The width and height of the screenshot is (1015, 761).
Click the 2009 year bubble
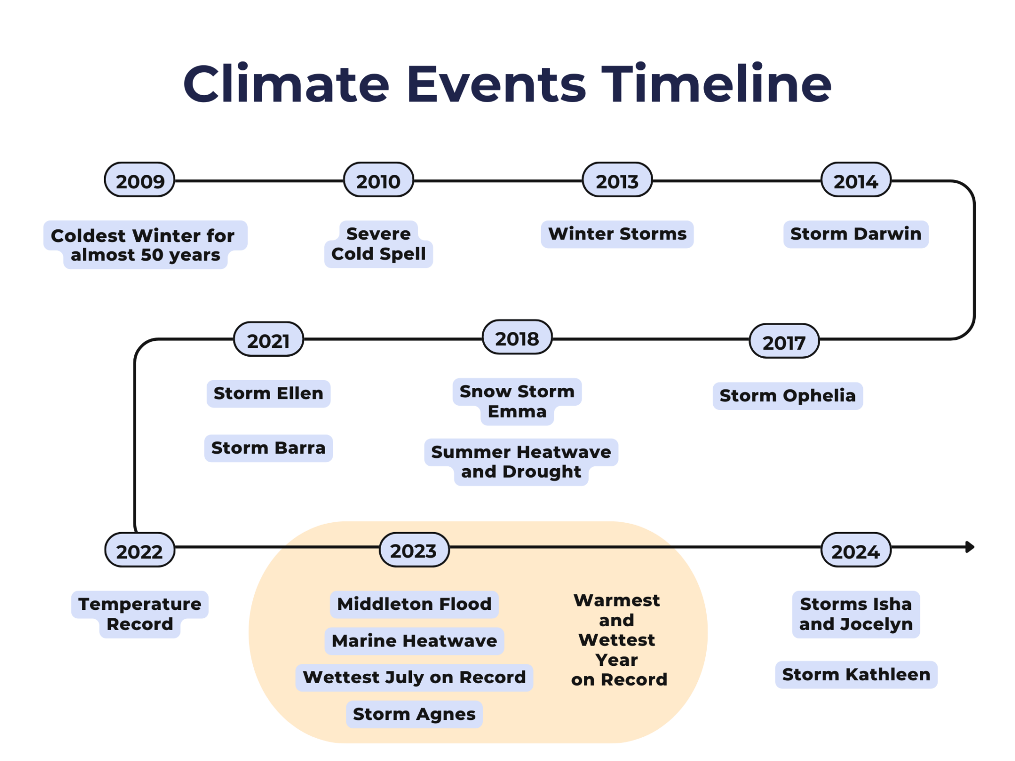click(140, 180)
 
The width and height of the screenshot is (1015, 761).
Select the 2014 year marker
click(856, 180)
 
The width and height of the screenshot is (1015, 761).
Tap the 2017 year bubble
click(784, 342)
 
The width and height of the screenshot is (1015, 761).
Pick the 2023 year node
click(414, 550)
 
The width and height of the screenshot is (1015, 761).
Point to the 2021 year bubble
click(268, 340)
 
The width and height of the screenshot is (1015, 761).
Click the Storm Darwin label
click(855, 234)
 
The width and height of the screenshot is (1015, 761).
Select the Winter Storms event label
click(617, 234)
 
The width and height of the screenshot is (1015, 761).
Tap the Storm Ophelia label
click(787, 396)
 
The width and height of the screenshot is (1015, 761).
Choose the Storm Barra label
click(268, 448)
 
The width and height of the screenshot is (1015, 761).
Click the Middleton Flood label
click(414, 604)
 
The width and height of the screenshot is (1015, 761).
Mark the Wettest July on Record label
click(414, 677)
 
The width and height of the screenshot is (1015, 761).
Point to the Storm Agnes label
click(414, 714)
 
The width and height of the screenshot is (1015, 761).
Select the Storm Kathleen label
click(856, 674)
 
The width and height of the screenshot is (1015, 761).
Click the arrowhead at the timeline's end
click(970, 547)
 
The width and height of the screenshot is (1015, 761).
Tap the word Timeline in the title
click(716, 84)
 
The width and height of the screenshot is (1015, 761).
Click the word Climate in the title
click(286, 84)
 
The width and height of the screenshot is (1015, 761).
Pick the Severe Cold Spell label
click(378, 244)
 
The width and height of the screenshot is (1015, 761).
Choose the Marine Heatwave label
click(414, 641)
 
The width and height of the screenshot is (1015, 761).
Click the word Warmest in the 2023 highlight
click(617, 600)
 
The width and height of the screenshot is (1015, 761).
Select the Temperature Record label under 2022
click(140, 614)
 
